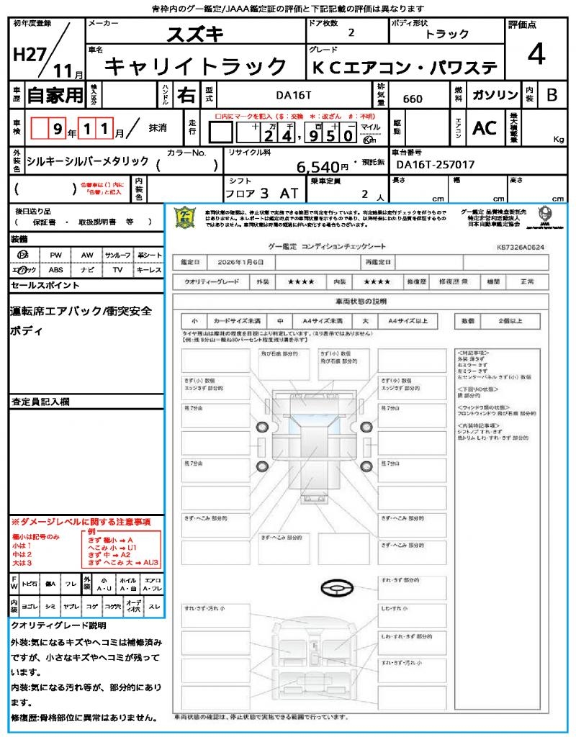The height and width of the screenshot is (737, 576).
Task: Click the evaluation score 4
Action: coord(536,55)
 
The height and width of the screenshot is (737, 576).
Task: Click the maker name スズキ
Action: coord(195,34)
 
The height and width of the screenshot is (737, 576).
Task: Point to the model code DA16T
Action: coord(294,94)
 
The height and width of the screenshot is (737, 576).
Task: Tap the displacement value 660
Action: coord(413,99)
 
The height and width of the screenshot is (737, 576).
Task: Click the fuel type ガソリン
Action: coord(495,95)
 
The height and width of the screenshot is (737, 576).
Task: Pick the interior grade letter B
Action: coord(552,95)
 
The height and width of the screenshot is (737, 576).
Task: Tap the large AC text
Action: coord(485,128)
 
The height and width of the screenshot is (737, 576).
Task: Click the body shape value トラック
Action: coord(447,35)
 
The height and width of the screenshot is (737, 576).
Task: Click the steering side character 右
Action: coord(186,95)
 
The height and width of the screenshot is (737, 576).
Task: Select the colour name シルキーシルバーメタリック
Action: coord(87,161)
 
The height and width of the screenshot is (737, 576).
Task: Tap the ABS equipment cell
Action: coord(55,270)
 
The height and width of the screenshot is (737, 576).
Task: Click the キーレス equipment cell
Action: coord(149,270)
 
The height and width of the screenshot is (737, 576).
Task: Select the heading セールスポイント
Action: coord(45,286)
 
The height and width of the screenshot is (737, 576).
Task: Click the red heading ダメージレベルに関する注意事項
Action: coord(81,521)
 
